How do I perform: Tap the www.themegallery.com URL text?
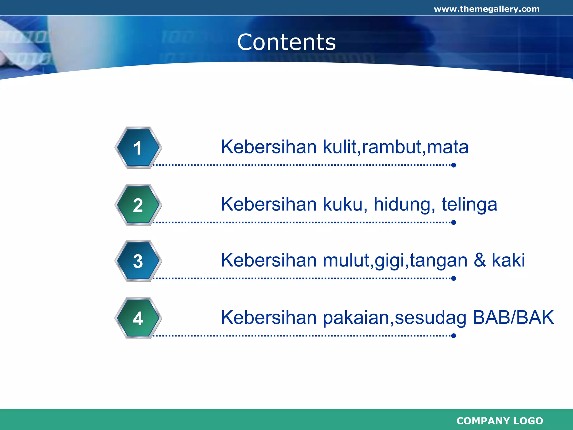pyautogui.click(x=487, y=9)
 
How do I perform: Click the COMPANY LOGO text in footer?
pyautogui.click(x=500, y=420)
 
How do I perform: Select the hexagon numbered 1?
pyautogui.click(x=138, y=148)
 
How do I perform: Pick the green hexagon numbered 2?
pyautogui.click(x=138, y=205)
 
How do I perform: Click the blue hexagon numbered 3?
pyautogui.click(x=138, y=261)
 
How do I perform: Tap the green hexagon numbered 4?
pyautogui.click(x=138, y=318)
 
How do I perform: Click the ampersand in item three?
pyautogui.click(x=480, y=260)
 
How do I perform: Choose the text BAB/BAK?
pyautogui.click(x=513, y=317)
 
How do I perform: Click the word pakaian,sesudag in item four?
pyautogui.click(x=394, y=318)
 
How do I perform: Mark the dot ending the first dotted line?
pyautogui.click(x=454, y=165)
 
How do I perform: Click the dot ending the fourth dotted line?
pyautogui.click(x=454, y=336)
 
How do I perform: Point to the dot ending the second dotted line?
pyautogui.click(x=454, y=223)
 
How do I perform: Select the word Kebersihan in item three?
pyautogui.click(x=269, y=260)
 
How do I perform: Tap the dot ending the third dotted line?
pyautogui.click(x=454, y=278)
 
